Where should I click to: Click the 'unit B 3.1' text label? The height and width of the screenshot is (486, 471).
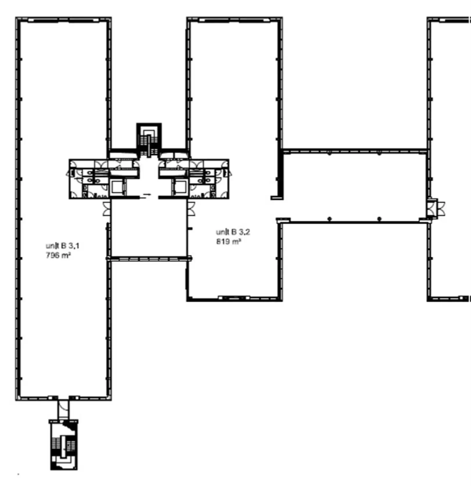point(62,246)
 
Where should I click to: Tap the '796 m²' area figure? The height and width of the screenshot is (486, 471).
point(58,255)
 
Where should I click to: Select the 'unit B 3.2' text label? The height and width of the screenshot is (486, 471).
point(233,232)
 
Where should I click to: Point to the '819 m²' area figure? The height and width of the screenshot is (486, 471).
point(229,241)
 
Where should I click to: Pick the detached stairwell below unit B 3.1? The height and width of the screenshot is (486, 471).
point(64,444)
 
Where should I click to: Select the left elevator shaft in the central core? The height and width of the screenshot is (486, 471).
point(117,187)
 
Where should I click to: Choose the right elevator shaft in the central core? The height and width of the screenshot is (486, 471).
point(181,187)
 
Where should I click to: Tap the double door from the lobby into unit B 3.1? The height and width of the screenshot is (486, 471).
point(107,209)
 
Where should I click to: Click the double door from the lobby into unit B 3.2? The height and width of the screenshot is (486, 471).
point(191,209)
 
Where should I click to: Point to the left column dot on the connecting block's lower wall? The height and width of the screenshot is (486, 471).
point(329,219)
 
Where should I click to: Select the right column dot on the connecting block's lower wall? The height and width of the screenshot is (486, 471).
point(379,219)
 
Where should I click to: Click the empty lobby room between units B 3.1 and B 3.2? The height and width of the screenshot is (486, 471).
point(149,228)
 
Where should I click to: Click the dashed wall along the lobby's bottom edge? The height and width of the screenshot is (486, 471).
point(149,258)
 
